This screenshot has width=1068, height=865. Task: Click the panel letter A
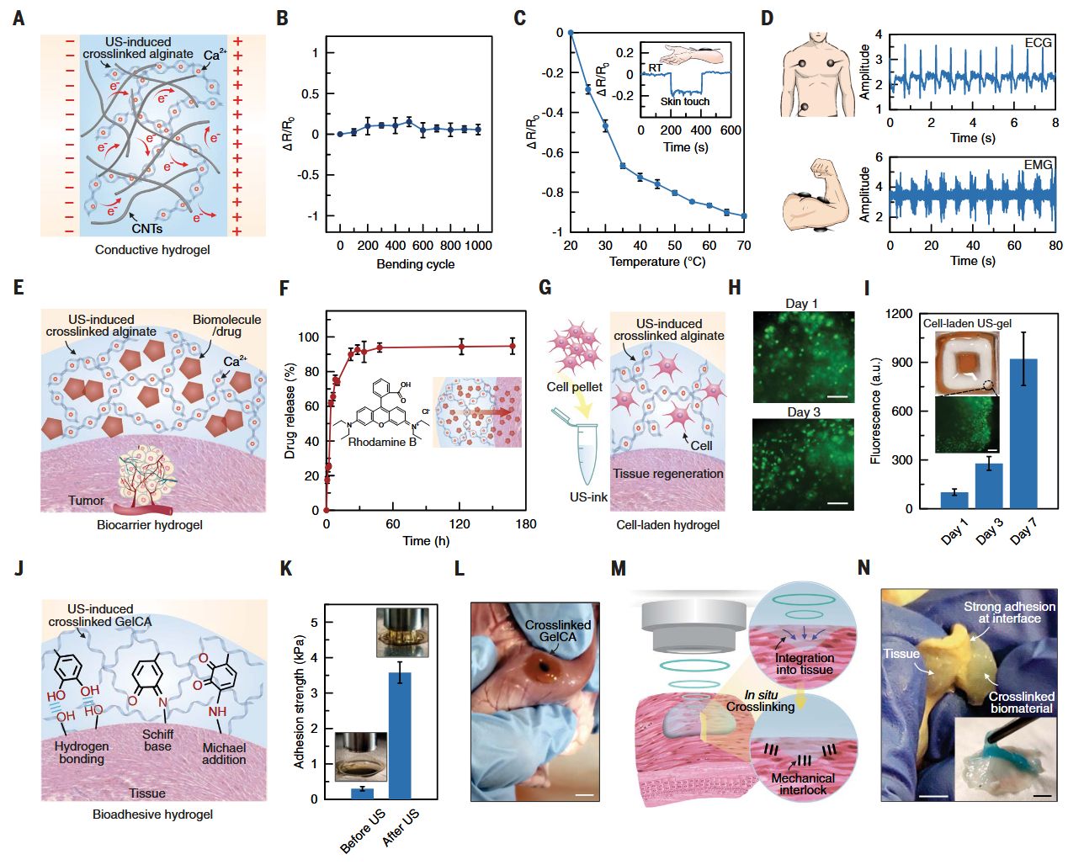19,18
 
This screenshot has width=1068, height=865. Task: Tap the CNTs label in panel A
146,228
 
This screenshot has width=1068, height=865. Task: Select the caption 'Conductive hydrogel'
152,250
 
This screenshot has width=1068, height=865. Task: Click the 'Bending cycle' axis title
416,264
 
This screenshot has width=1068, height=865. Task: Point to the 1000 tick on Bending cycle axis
478,246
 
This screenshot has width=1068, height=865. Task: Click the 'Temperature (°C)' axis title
657,262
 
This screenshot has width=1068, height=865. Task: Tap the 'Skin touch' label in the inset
684,102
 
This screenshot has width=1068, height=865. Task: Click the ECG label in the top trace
1039,42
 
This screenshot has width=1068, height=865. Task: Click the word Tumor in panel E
87,501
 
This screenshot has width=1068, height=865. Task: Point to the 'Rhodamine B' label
382,442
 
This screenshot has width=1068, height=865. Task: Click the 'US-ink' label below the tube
588,497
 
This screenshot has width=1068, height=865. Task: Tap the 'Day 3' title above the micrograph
803,412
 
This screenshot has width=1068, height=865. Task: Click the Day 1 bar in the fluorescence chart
954,500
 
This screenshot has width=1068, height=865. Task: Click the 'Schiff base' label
157,740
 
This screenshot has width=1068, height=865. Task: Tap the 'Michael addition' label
224,753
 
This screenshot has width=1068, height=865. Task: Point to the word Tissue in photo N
901,654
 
